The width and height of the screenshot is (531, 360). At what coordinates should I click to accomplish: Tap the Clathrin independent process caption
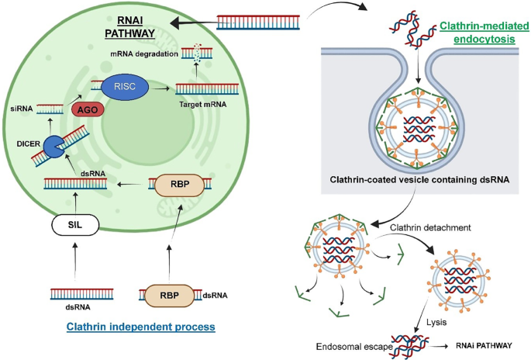(151, 327)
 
